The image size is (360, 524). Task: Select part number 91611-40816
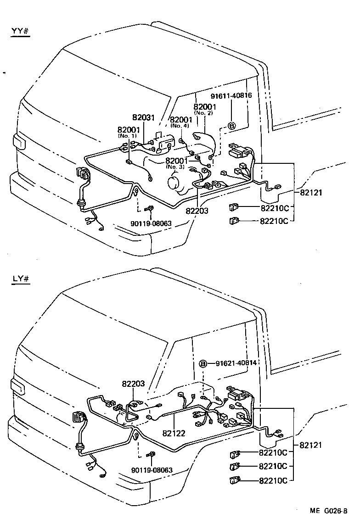pyautogui.click(x=231, y=96)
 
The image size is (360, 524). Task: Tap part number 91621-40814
pyautogui.click(x=236, y=363)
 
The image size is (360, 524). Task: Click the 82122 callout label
pyautogui.click(x=173, y=432)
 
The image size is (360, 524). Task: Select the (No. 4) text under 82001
pyautogui.click(x=179, y=125)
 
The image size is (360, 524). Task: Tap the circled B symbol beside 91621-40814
pyautogui.click(x=203, y=363)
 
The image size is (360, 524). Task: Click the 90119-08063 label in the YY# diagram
pyautogui.click(x=151, y=223)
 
